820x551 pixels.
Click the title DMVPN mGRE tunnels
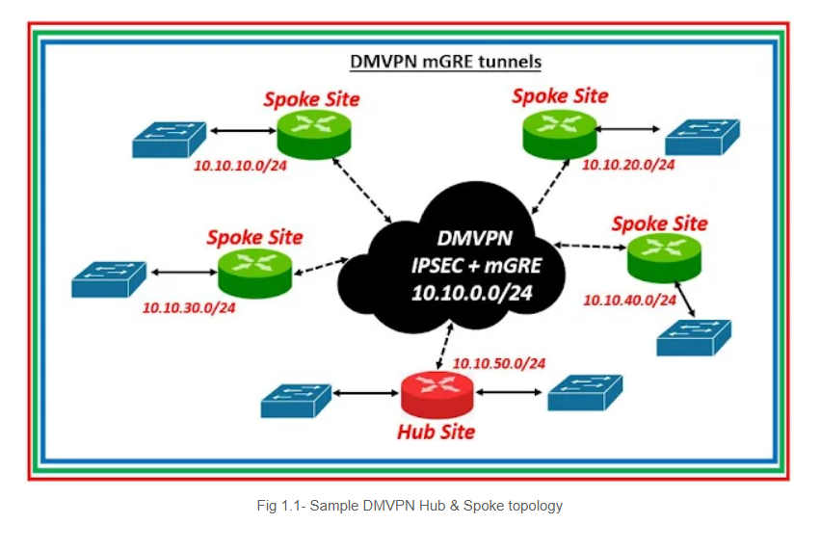pyautogui.click(x=445, y=62)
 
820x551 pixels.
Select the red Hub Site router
pyautogui.click(x=437, y=395)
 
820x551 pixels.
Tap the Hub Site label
pyautogui.click(x=436, y=432)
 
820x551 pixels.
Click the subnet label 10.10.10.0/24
pyautogui.click(x=241, y=166)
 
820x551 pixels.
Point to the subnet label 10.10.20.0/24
pyautogui.click(x=628, y=165)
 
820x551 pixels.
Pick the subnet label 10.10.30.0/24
pyautogui.click(x=189, y=307)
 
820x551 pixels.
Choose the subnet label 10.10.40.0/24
pyautogui.click(x=629, y=301)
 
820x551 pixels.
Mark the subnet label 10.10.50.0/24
pyautogui.click(x=499, y=363)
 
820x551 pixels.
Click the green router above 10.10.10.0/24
pyautogui.click(x=314, y=134)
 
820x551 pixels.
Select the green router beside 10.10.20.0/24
pyautogui.click(x=560, y=134)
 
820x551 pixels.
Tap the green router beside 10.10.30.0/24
pyautogui.click(x=254, y=274)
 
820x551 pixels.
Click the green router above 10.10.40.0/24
pyautogui.click(x=664, y=258)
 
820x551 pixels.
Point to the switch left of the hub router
pyautogui.click(x=296, y=401)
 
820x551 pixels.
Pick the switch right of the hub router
pyautogui.click(x=585, y=393)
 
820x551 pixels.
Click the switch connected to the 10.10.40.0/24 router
pyautogui.click(x=694, y=338)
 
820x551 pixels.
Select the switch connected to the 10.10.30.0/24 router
pyautogui.click(x=109, y=279)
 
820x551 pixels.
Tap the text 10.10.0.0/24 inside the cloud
pyautogui.click(x=472, y=293)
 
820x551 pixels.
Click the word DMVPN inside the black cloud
pyautogui.click(x=474, y=238)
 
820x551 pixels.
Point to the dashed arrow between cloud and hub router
pyautogui.click(x=444, y=347)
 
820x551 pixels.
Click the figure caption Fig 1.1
pyautogui.click(x=410, y=506)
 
